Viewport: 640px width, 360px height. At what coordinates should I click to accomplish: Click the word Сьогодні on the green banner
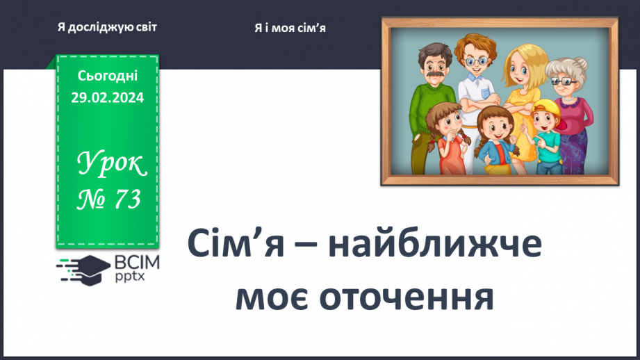107,76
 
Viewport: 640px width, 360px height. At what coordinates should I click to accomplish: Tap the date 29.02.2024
107,97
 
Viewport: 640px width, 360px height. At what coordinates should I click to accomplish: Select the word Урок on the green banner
112,164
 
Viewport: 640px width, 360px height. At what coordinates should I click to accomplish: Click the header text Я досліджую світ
107,27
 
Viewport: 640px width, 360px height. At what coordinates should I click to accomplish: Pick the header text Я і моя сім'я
290,28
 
